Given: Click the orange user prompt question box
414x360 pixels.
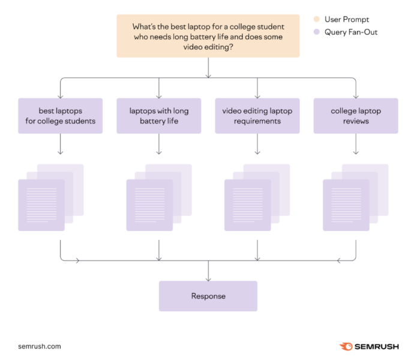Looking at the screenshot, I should tap(208, 36).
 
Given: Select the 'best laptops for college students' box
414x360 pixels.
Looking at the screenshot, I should tap(60, 116).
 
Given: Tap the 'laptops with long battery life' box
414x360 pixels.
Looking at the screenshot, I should tap(158, 116).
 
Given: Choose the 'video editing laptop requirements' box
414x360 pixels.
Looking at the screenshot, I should tap(257, 116).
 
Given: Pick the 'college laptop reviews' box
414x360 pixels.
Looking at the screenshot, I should tap(355, 116).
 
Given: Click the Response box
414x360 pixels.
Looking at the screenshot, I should tap(208, 296).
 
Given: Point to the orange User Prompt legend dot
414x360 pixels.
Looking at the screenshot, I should tap(316, 20).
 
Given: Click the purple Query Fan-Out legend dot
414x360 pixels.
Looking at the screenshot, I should tap(316, 32).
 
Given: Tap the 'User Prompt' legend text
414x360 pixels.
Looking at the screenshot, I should tap(347, 20).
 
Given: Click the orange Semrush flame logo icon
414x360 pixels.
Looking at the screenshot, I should tap(346, 347).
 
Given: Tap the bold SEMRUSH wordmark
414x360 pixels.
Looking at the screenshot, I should tap(376, 347).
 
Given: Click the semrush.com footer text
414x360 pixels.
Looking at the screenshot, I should tap(40, 347).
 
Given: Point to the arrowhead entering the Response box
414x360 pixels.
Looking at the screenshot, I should tap(208, 278).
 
